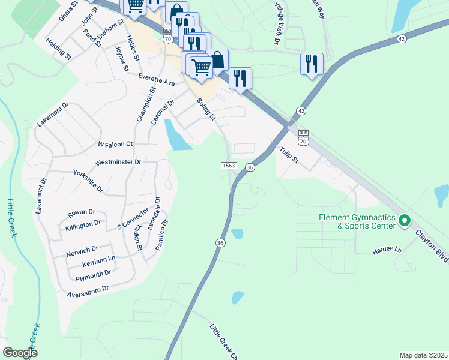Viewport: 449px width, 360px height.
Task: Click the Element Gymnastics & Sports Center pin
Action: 404,221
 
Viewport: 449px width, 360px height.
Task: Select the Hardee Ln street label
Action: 386,249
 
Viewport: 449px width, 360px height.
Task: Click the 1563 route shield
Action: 228,166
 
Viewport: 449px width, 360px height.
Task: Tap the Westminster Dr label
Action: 118,163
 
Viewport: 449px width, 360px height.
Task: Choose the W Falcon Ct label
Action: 115,145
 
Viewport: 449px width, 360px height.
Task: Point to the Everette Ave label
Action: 156,80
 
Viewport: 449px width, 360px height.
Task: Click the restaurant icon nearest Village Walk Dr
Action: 312,64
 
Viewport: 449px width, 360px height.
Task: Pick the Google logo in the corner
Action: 20,353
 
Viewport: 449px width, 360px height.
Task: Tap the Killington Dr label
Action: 83,224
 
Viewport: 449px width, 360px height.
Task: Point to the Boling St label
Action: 206,110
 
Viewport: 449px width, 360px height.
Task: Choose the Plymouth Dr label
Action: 93,275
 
